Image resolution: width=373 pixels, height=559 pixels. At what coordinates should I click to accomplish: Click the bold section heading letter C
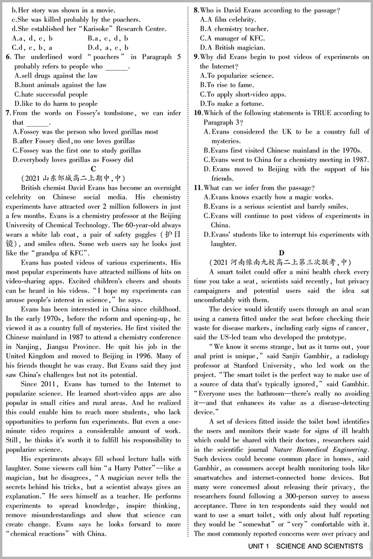[93, 169]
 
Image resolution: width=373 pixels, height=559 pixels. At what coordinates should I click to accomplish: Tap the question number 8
[196, 10]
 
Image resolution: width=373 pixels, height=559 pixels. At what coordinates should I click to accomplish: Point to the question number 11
[198, 187]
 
